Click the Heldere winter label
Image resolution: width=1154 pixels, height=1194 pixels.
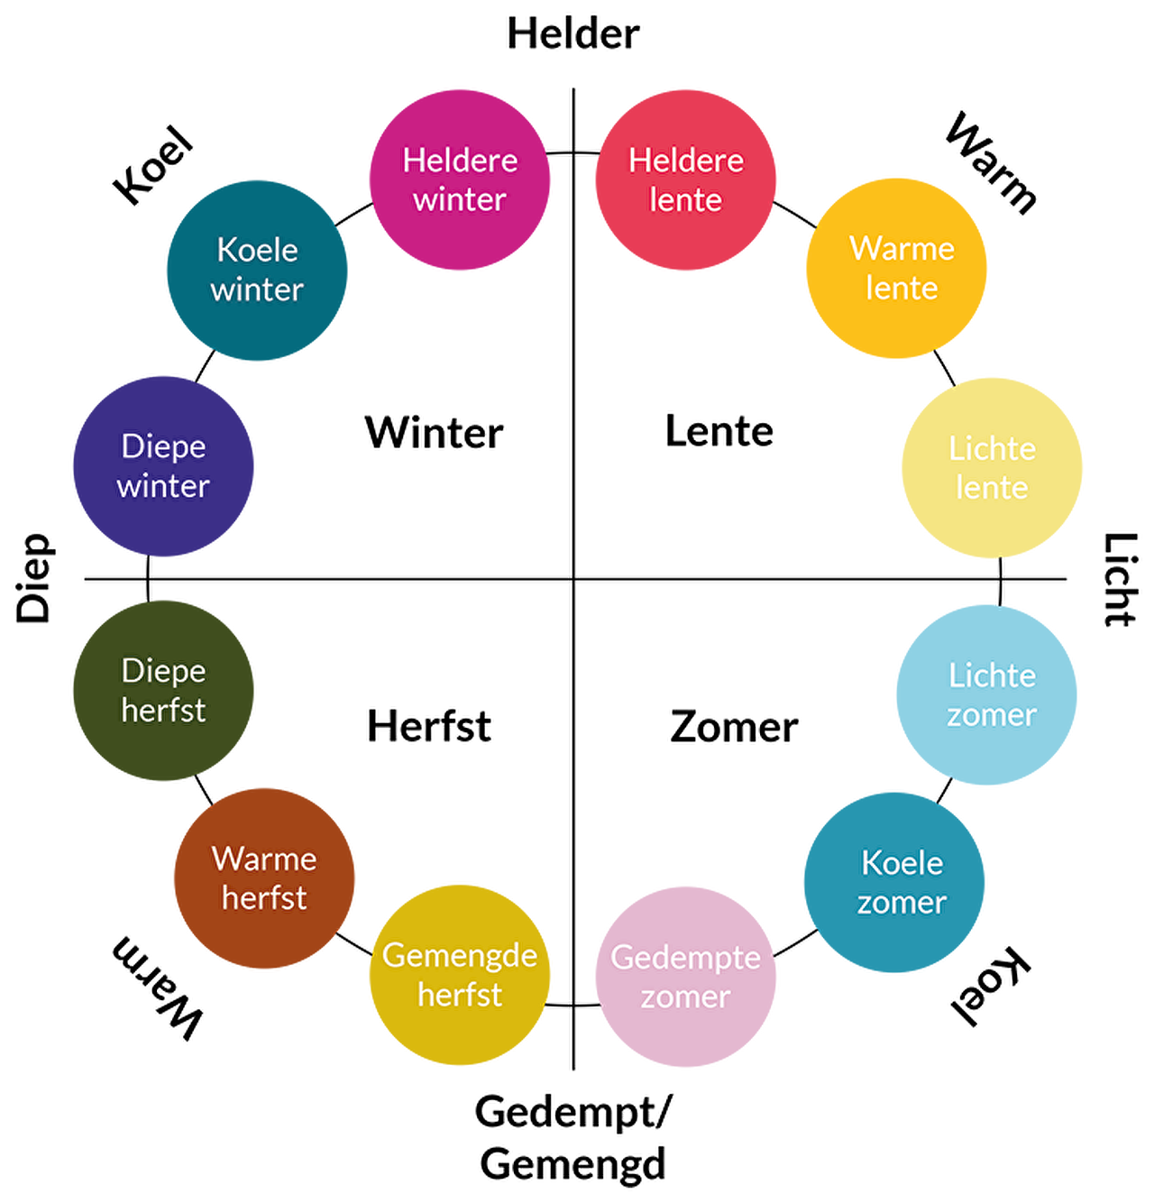460,179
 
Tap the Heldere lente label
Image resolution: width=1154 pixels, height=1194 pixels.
686,179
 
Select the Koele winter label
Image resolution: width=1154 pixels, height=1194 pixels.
257,270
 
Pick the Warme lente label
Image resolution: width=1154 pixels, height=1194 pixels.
902,268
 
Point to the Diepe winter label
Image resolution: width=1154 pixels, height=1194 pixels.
163,465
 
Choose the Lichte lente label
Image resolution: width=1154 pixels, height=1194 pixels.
992,468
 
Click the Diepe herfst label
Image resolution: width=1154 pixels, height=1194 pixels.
163,690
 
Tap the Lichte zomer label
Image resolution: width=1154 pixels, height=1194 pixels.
992,694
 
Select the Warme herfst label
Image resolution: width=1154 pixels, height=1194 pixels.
264,877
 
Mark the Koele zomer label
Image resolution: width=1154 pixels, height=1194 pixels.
902,882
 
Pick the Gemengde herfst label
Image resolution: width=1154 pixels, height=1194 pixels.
460,975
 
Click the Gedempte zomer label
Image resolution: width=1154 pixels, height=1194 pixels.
685,977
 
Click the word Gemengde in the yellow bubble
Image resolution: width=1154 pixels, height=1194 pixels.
460,956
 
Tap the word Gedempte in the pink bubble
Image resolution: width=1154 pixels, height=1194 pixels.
685,958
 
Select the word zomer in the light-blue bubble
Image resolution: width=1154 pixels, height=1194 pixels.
992,715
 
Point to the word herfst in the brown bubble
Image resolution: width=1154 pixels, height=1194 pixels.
264,898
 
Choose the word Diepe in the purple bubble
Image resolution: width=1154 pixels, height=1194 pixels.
163,446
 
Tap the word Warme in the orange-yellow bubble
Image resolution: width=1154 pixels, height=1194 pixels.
902,248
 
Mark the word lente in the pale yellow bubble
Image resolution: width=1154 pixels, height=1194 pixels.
992,488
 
